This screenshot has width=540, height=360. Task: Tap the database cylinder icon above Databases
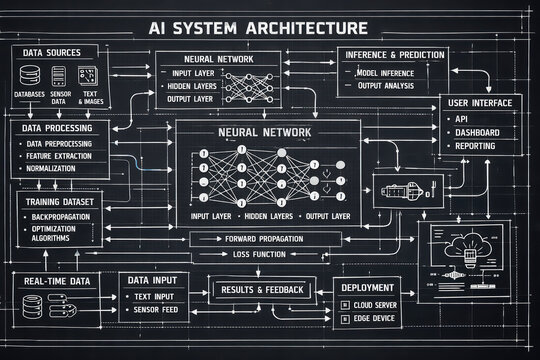coord(30,74)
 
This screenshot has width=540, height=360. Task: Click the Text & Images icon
coord(88,74)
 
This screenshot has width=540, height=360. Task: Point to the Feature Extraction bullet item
coord(61,158)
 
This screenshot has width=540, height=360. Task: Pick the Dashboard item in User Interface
coord(477,132)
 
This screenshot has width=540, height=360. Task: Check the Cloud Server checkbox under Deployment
coord(350,303)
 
